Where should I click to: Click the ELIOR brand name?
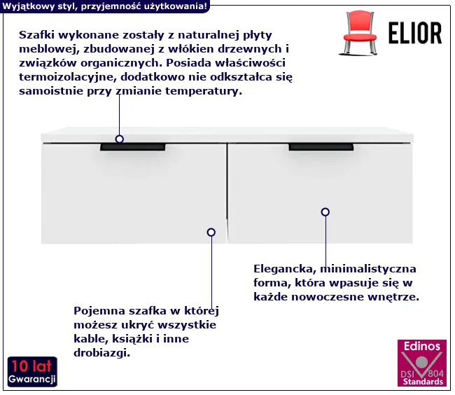click(415, 33)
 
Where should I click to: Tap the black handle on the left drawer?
click(133, 147)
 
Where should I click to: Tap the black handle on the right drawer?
click(321, 147)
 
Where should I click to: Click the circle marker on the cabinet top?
click(119, 139)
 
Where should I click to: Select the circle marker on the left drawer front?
click(211, 233)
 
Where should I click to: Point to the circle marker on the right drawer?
click(325, 212)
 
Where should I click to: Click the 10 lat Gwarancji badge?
click(32, 372)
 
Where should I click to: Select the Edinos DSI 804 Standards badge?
click(422, 363)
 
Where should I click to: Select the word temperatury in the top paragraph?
click(204, 92)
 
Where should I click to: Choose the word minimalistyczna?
click(368, 269)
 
